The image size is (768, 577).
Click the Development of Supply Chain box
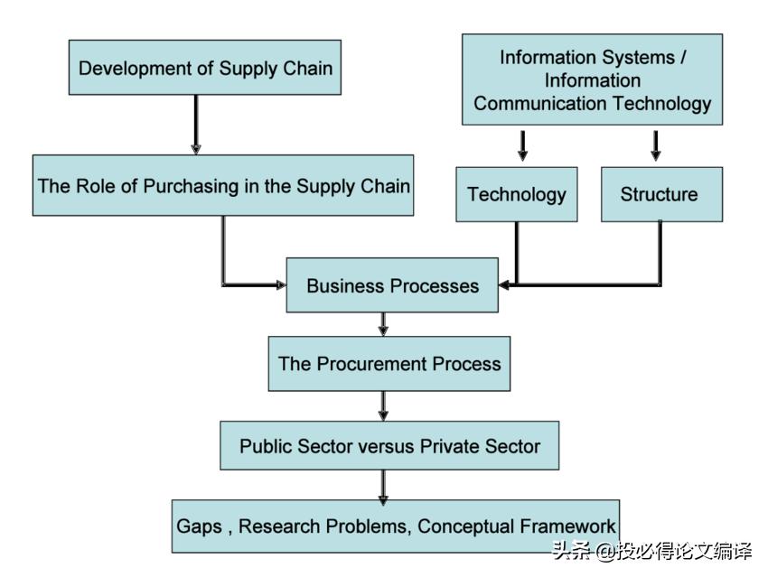coord(205,68)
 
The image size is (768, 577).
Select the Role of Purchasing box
coord(223,186)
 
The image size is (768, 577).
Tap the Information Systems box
coord(592,80)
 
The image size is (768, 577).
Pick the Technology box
coord(516,194)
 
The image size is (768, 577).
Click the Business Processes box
coord(392,286)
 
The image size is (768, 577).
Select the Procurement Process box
coord(389,364)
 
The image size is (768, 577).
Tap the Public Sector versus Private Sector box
coord(389,445)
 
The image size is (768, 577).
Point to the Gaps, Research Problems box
coord(396,526)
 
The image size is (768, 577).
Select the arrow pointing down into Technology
coord(522,146)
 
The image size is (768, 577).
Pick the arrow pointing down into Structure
coord(656,146)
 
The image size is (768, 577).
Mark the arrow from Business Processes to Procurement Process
coord(383,324)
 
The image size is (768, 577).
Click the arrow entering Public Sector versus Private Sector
coord(383,405)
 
